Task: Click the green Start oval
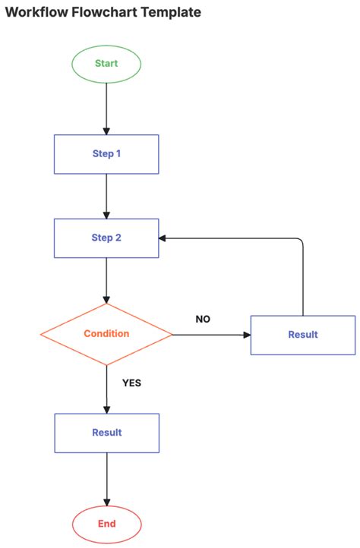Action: tap(106, 64)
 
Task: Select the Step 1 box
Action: tap(106, 154)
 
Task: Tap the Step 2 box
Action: tap(106, 238)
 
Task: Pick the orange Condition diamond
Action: tap(106, 334)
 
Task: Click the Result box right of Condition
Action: tap(303, 335)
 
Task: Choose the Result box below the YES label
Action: tap(106, 433)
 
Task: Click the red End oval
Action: tap(106, 524)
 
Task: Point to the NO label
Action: tap(203, 320)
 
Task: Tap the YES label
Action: tap(131, 383)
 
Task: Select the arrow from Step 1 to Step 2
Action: tap(106, 196)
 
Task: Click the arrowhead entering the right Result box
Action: tap(246, 335)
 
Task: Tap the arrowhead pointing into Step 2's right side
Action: tap(163, 238)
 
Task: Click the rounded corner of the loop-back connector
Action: tap(301, 241)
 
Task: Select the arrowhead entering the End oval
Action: tap(106, 502)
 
